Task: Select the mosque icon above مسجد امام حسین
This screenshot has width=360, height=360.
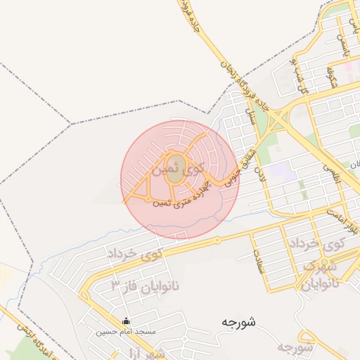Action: coord(127,321)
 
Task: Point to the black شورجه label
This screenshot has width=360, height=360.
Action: coord(238,322)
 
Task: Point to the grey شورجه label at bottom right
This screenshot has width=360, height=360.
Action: coord(295,348)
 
